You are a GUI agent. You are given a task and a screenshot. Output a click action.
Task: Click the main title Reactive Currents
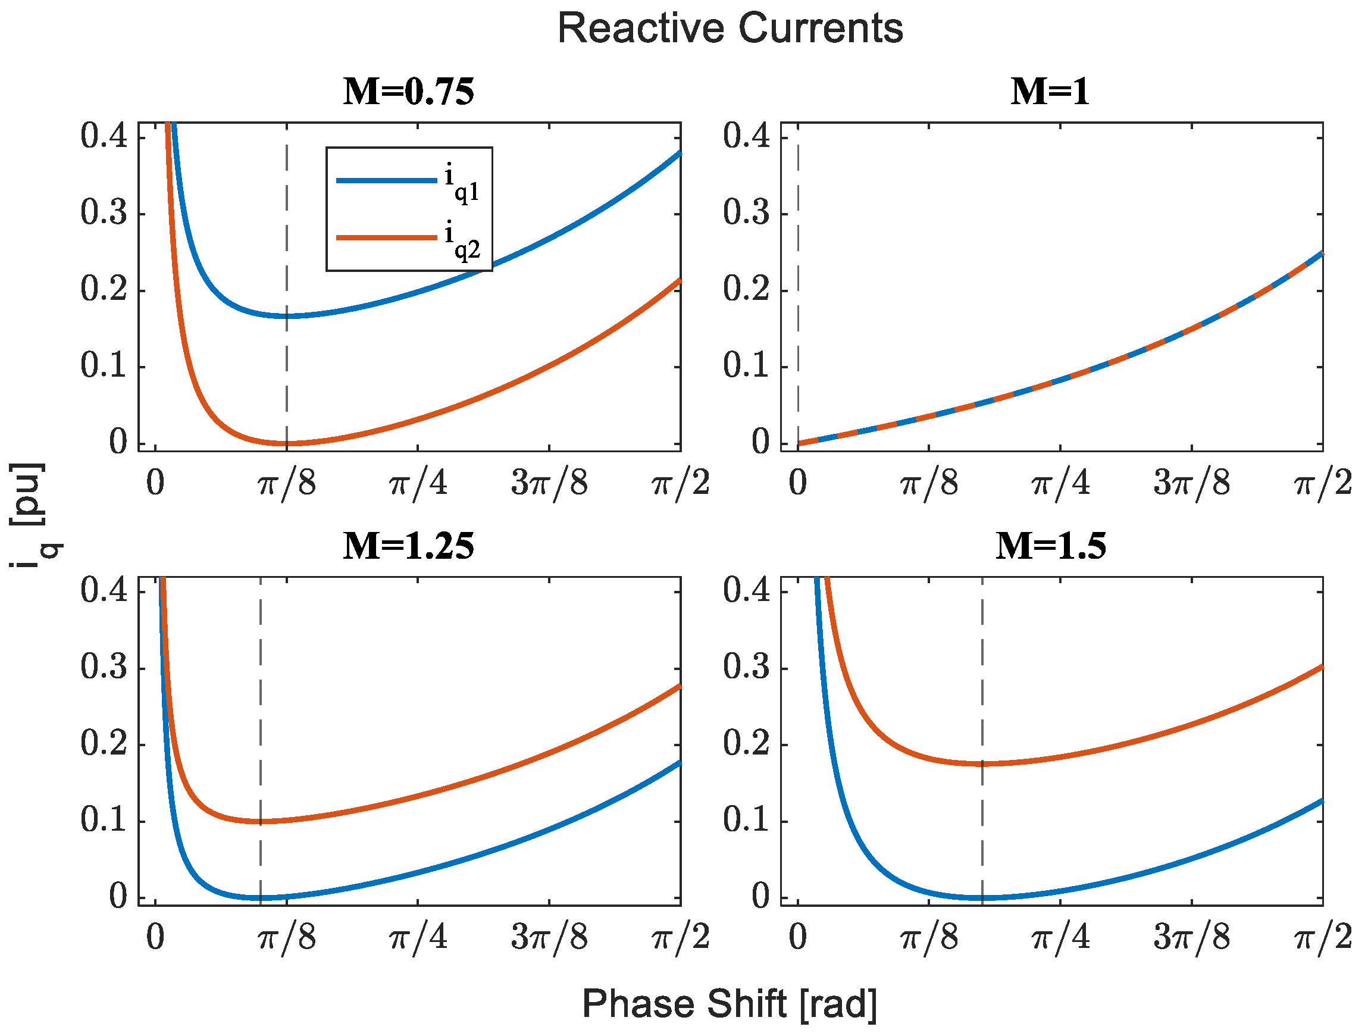730,29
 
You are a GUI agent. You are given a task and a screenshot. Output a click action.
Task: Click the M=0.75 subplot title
409,92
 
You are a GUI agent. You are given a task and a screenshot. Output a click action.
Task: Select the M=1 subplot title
1050,92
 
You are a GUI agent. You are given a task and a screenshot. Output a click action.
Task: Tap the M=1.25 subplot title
409,546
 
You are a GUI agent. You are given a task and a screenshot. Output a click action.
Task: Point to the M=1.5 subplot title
1050,546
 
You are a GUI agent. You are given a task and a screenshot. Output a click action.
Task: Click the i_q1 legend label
461,184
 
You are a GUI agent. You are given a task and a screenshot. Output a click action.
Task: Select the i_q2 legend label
461,241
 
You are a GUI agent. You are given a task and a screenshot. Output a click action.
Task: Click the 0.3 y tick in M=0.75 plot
104,213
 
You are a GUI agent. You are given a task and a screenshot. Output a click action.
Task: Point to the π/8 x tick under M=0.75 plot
286,484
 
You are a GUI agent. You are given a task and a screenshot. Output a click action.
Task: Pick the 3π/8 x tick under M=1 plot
1191,484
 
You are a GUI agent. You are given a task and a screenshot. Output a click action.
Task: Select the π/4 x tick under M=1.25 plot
418,938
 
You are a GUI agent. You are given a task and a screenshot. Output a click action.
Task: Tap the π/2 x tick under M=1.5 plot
1322,938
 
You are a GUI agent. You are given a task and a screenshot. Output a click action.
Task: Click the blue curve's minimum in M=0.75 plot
286,316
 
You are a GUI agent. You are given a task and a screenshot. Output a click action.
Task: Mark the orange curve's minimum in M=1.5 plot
982,763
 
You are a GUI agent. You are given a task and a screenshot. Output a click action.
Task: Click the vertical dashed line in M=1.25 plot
261,711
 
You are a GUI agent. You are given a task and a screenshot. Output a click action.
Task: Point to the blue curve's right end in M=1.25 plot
680,763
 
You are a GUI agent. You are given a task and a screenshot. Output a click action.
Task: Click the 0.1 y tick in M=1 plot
746,366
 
